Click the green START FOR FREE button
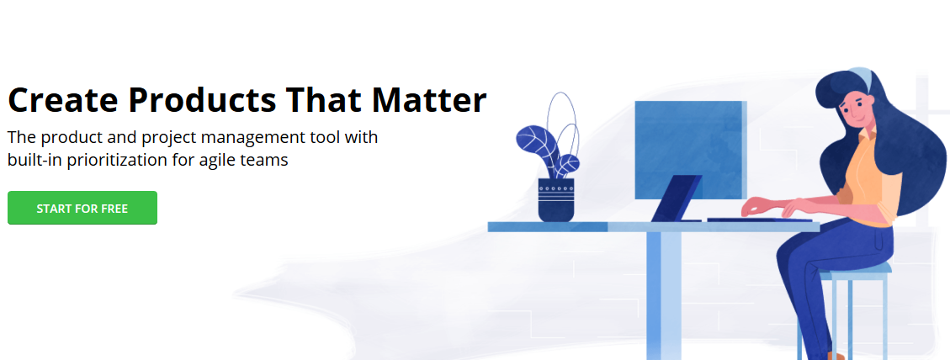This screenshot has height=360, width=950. [x=82, y=208]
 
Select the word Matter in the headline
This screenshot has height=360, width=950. [x=429, y=100]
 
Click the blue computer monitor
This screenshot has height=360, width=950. [x=691, y=151]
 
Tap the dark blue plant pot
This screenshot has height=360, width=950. [x=556, y=200]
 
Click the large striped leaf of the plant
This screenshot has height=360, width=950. [x=534, y=141]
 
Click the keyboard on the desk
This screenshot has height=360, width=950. [x=758, y=220]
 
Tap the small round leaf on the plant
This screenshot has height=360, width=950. [x=568, y=164]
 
